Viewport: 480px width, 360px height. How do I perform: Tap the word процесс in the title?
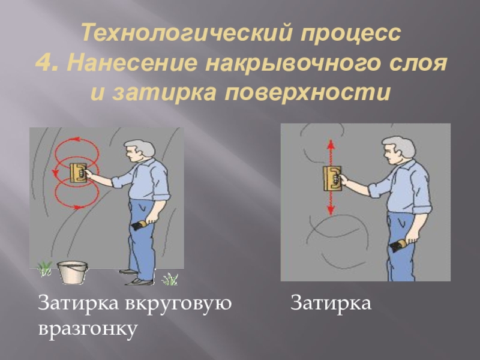point(350,34)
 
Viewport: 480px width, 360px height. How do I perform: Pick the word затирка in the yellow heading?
point(166,92)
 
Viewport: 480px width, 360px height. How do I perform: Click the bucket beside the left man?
point(73,272)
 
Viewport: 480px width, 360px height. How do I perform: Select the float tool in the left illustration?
point(79,173)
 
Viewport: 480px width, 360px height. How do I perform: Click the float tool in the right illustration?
point(332,179)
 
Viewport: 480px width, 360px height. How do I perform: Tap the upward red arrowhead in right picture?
point(331,144)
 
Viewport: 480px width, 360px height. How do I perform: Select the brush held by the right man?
point(398,245)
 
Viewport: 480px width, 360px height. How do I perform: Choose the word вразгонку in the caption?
point(88,329)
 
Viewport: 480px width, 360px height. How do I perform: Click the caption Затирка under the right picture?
point(331,303)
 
